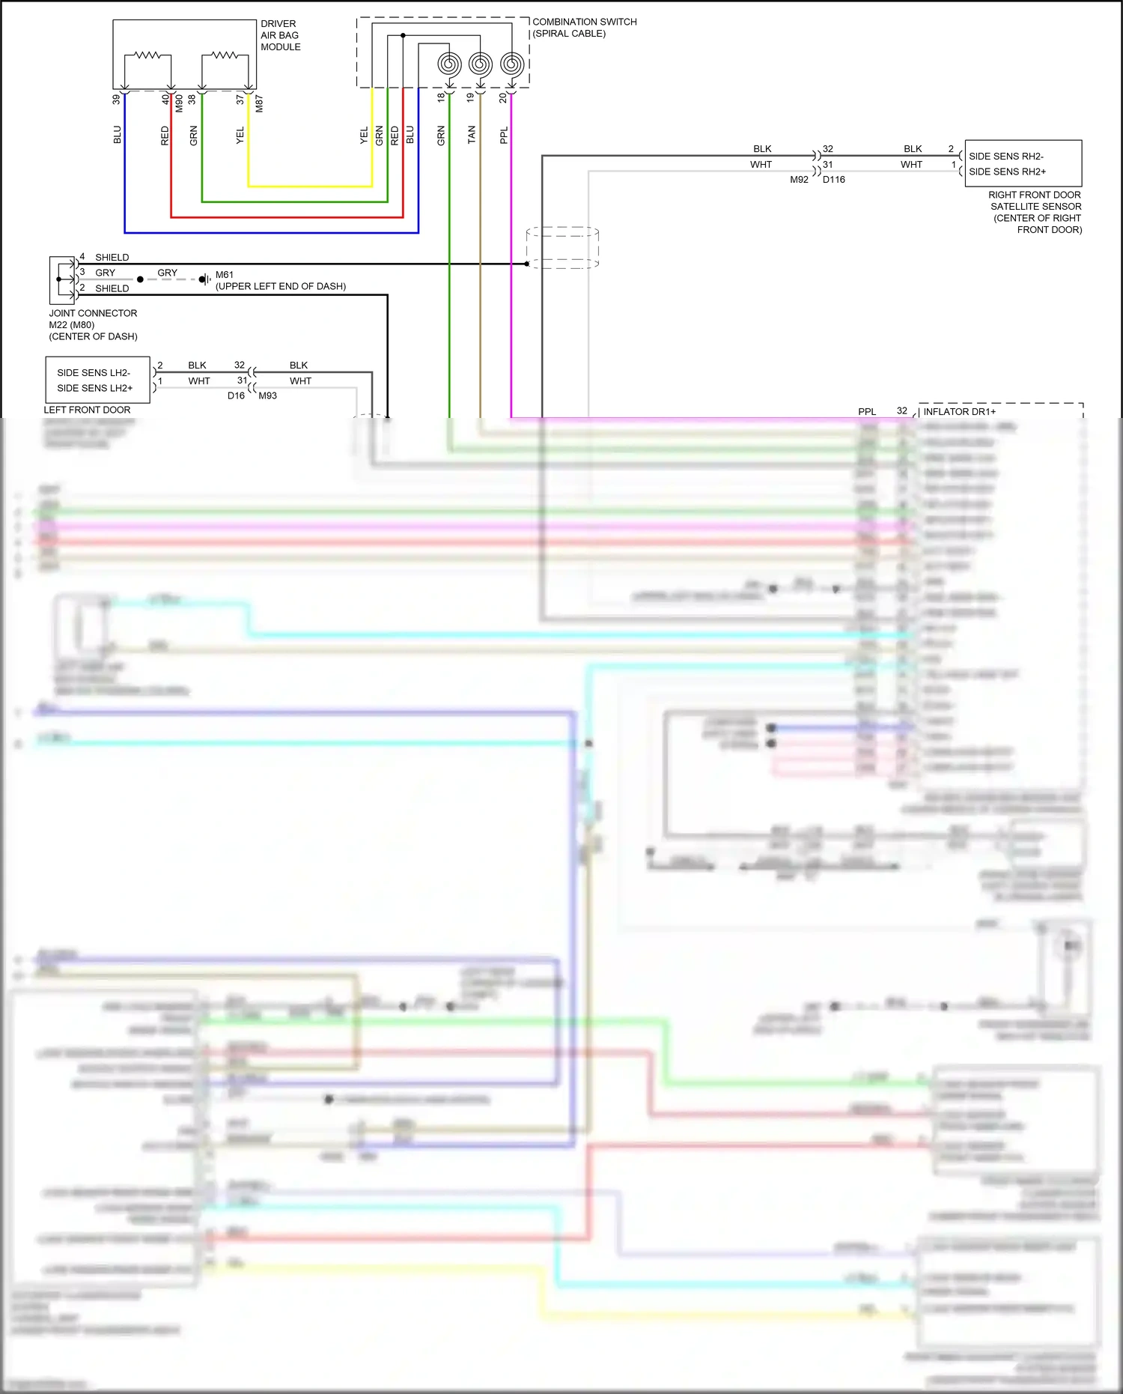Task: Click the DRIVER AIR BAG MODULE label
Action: click(280, 35)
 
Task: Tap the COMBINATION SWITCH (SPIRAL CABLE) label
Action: click(584, 28)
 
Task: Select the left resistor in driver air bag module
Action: click(147, 55)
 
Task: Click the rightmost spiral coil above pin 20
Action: click(511, 64)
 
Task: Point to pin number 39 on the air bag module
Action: click(116, 99)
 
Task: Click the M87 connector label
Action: click(259, 103)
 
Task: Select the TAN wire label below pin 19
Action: click(471, 135)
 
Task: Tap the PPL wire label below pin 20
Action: click(504, 135)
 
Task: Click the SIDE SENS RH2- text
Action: click(1005, 157)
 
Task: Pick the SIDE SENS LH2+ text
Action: click(94, 388)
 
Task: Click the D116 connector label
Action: click(833, 180)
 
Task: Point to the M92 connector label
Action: click(799, 180)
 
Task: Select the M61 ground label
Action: click(225, 275)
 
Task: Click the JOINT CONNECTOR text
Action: click(93, 313)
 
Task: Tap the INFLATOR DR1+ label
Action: click(959, 411)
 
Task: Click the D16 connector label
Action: click(236, 396)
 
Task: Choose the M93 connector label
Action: click(267, 396)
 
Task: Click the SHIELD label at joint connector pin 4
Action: click(112, 257)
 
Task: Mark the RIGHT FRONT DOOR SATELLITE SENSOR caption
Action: click(1035, 212)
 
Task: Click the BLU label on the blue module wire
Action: click(118, 135)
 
